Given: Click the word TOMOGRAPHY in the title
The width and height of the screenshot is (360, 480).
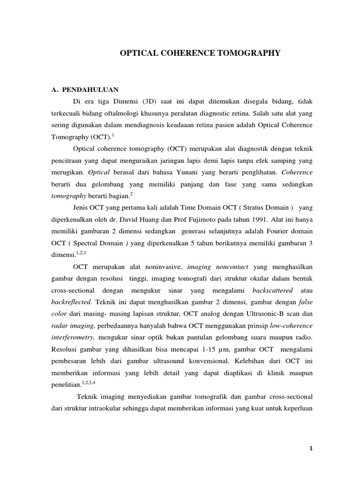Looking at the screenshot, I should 249,53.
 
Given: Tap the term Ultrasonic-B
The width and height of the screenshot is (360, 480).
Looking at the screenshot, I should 262,315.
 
